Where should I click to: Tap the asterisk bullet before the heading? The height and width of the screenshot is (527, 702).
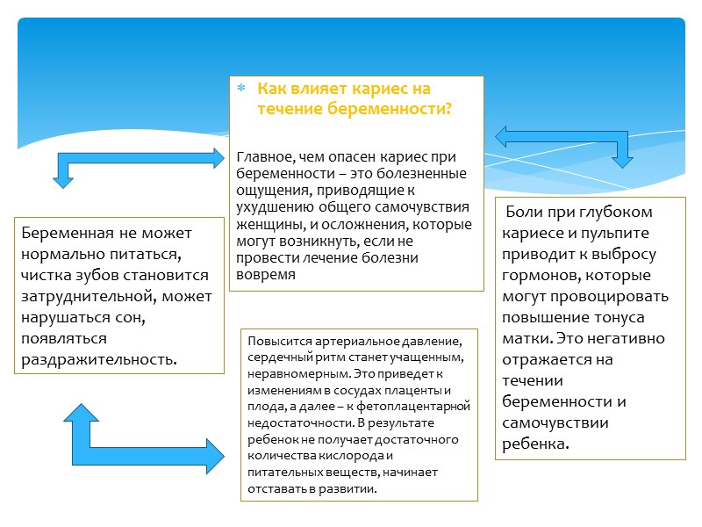[x=240, y=90]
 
